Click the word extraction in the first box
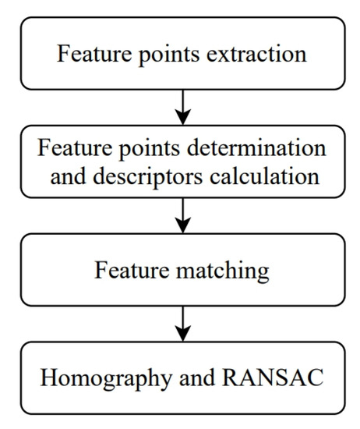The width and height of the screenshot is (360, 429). pyautogui.click(x=262, y=55)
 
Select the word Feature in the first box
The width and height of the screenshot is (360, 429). pyautogui.click(x=85, y=55)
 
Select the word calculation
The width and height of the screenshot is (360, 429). pyautogui.click(x=270, y=176)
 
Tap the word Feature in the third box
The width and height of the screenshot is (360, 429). pyautogui.click(x=129, y=271)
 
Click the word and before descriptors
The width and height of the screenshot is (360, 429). pyautogui.click(x=74, y=176)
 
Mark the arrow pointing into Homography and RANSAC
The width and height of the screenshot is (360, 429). pyautogui.click(x=182, y=322)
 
